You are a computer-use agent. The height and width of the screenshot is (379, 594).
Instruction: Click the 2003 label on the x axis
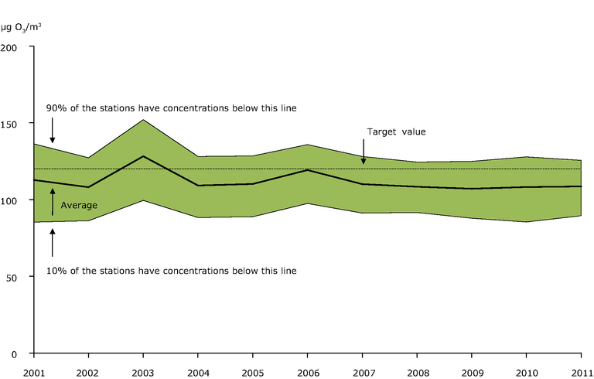pos(143,371)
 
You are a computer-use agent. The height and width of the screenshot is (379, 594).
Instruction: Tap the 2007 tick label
pos(362,371)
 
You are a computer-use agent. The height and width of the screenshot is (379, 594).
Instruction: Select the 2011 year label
pos(581,371)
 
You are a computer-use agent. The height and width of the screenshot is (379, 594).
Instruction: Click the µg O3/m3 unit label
pos(21,28)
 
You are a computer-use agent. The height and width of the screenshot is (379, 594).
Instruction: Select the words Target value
pos(396,131)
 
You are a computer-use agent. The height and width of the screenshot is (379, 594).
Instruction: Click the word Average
pos(80,204)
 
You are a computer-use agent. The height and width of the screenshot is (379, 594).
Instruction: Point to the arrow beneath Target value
pos(363,154)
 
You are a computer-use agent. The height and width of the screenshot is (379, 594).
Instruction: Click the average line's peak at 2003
pos(143,156)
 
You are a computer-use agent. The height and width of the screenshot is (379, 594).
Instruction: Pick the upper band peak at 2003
pos(143,119)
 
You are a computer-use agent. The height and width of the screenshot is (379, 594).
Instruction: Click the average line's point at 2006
pos(308,169)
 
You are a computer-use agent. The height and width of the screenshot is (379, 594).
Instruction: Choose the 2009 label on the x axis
pos(472,371)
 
